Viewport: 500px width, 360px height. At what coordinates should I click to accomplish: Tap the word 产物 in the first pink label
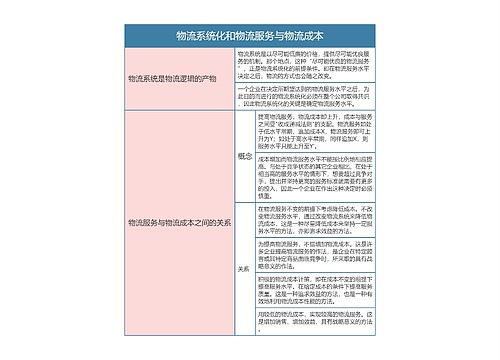point(212,77)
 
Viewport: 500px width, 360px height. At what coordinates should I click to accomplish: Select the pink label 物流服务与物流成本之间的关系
point(176,222)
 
